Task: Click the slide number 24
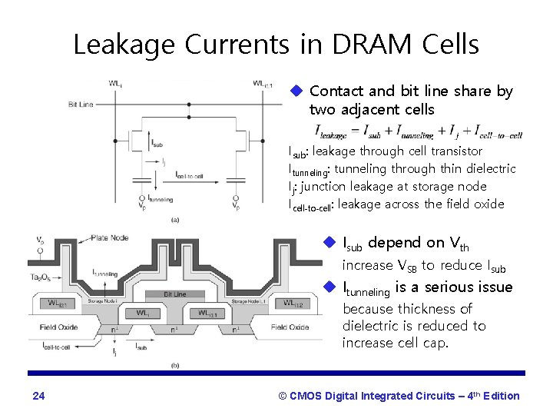pos(39,397)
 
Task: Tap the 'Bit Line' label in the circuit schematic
pos(83,102)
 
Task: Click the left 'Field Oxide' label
pos(61,327)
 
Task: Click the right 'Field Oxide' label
pos(290,327)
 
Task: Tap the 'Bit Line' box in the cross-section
pos(174,294)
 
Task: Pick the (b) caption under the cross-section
pos(176,365)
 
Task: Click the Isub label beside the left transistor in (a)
pos(157,142)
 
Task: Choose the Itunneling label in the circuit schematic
pos(160,198)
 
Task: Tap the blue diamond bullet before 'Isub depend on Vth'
pos(330,243)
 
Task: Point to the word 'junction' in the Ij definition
pos(323,186)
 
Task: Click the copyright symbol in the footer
pos(282,397)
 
